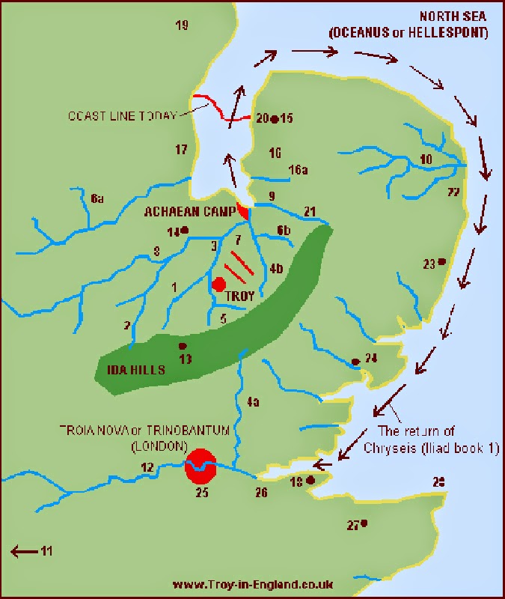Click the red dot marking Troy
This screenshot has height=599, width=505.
(219, 285)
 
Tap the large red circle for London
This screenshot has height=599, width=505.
(201, 466)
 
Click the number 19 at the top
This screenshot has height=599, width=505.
(182, 26)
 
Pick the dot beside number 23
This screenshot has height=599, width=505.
(442, 261)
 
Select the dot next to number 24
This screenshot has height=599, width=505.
(355, 362)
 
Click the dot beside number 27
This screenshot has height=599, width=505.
(364, 523)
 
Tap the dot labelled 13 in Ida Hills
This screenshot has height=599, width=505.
(181, 346)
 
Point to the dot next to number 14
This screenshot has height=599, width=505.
(184, 230)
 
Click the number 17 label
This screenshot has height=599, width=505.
(181, 150)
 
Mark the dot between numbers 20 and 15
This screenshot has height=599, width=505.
(275, 119)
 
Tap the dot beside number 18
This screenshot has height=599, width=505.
(310, 479)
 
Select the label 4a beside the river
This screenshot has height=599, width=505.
(253, 403)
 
